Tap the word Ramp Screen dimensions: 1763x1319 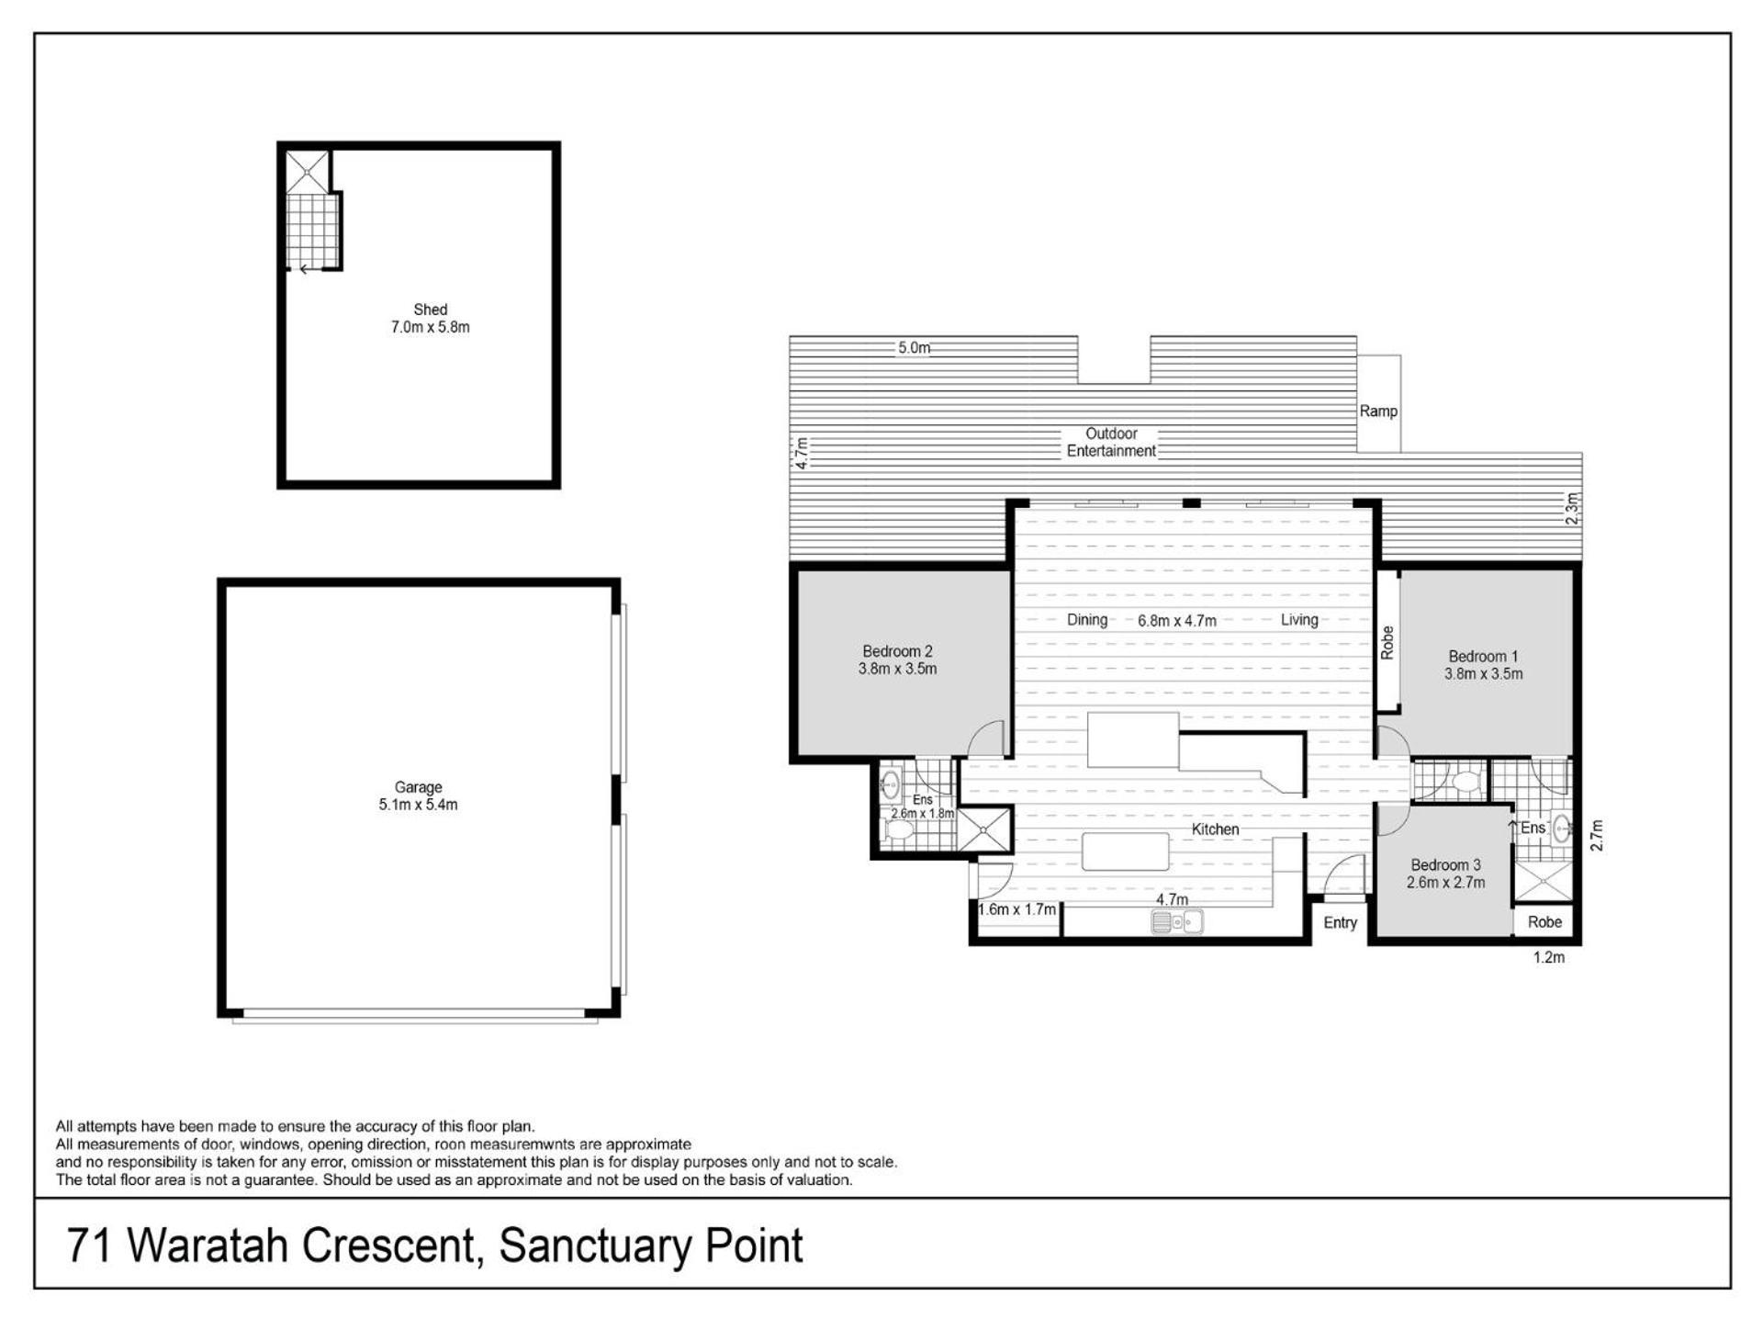1378,411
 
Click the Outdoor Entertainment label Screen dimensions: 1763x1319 1111,442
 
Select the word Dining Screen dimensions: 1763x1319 1087,620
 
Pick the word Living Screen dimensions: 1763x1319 1299,620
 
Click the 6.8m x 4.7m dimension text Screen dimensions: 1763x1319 1177,621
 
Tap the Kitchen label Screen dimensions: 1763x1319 1215,829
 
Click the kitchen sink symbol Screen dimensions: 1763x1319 1176,921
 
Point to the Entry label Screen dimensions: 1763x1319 1340,923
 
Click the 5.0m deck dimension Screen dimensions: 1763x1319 914,348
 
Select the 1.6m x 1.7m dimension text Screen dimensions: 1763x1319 1016,910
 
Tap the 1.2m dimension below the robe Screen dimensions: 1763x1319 1549,957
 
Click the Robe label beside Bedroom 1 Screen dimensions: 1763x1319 1387,642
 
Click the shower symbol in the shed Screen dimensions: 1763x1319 307,172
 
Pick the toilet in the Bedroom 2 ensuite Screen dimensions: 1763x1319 898,831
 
